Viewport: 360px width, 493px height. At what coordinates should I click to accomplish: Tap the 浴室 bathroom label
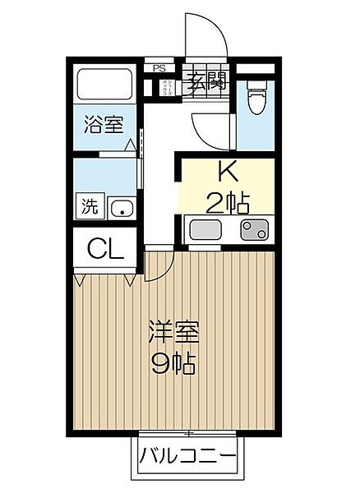click(x=104, y=126)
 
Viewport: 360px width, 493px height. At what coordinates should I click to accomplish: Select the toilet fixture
click(x=255, y=101)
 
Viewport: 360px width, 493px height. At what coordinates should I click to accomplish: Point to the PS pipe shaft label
click(x=159, y=69)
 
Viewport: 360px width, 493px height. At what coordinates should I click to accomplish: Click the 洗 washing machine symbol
click(x=87, y=206)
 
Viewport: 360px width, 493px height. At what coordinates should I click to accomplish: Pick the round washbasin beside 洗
click(x=122, y=207)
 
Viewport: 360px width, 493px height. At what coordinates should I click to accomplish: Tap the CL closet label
click(x=106, y=247)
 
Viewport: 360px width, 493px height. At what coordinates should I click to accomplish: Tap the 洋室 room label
click(x=172, y=335)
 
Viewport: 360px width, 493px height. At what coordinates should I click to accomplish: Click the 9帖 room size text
click(x=172, y=365)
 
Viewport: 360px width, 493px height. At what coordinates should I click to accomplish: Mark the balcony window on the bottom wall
click(x=189, y=432)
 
